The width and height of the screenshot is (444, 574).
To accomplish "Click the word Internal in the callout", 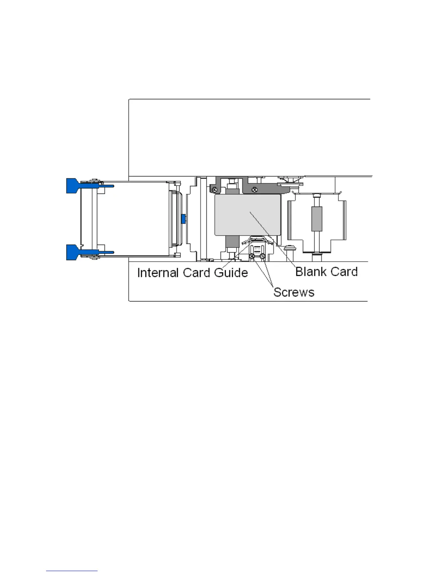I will [158, 273].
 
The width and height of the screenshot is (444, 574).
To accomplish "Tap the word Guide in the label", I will [231, 273].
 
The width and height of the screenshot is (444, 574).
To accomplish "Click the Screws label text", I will [294, 292].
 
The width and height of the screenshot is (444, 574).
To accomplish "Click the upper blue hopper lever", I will [74, 186].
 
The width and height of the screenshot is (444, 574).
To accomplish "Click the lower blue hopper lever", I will [74, 252].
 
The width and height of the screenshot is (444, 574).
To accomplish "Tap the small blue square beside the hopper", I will [183, 219].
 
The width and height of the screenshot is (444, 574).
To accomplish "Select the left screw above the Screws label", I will [252, 257].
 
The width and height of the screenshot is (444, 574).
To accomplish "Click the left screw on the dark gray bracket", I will [215, 189].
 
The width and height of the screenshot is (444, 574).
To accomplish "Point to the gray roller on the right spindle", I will [317, 219].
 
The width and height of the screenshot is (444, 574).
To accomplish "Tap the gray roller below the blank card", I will [230, 242].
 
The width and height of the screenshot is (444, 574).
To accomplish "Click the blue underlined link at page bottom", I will [71, 571].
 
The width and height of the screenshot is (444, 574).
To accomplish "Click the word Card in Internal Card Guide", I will [196, 273].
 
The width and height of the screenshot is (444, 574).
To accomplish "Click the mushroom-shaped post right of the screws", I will [289, 249].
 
